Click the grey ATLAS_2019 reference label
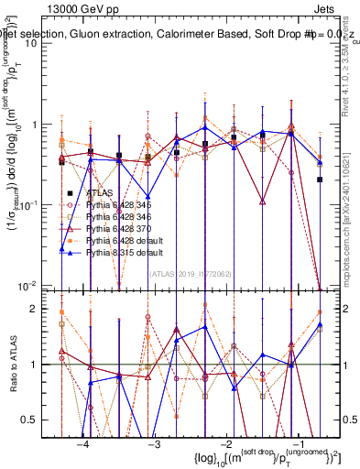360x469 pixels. pos(190,272)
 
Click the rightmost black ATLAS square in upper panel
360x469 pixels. pos(320,180)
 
